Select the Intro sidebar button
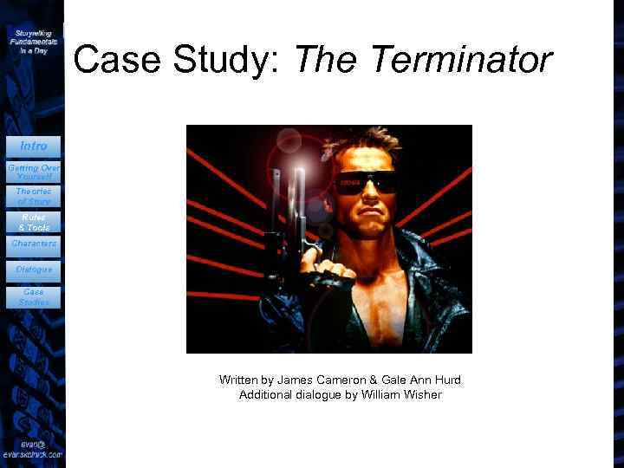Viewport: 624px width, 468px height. pyautogui.click(x=33, y=146)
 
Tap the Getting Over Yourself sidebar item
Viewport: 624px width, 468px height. pyautogui.click(x=33, y=171)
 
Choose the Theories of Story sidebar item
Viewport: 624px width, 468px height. pyautogui.click(x=33, y=196)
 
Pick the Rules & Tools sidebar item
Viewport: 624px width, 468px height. pyautogui.click(x=33, y=222)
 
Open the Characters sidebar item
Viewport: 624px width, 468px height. pyautogui.click(x=33, y=244)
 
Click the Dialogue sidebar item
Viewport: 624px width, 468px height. pyautogui.click(x=33, y=270)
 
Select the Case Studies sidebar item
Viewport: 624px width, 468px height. pyautogui.click(x=33, y=297)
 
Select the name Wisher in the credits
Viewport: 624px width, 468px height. pyautogui.click(x=421, y=395)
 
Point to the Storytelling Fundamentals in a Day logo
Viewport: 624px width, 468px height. pyautogui.click(x=33, y=41)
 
